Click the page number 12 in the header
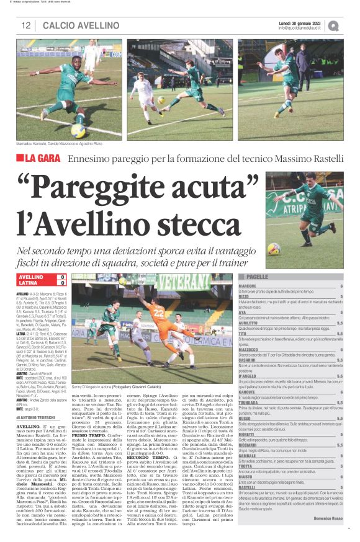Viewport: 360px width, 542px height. (x=26, y=25)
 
